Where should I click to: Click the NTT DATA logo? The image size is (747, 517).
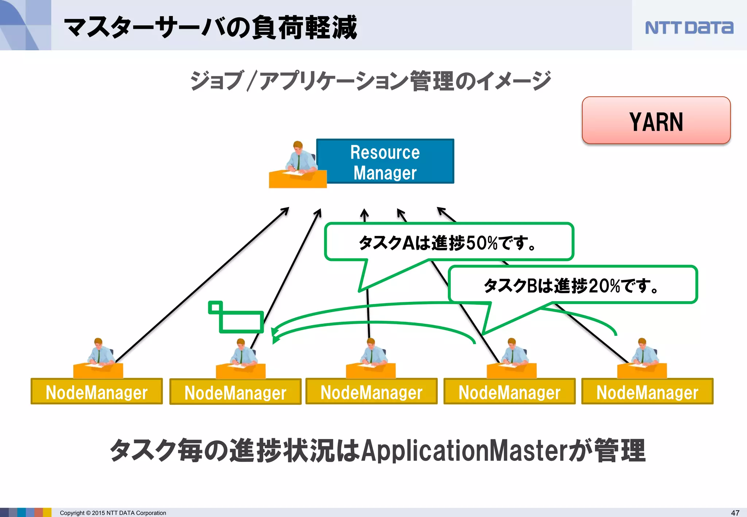coord(689,28)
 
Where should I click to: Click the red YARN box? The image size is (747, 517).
coord(656,121)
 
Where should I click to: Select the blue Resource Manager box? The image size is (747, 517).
coord(385,162)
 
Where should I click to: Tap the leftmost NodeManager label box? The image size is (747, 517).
coord(97,392)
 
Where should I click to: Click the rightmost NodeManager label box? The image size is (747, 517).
coord(647,392)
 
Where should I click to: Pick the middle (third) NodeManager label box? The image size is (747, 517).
coord(371,392)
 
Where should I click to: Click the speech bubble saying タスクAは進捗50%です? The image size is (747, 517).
coord(449,242)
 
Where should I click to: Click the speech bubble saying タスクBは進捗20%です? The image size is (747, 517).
coord(573,285)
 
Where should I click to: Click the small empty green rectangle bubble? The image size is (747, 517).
coord(241,322)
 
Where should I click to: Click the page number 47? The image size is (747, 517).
coord(735,513)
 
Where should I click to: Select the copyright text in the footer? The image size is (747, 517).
coord(113,513)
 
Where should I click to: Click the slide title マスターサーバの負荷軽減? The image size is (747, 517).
coord(210,28)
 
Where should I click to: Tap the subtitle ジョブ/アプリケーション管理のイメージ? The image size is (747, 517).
coord(370,81)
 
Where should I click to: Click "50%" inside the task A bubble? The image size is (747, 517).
coord(481,243)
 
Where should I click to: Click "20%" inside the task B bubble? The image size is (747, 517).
coord(604,285)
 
